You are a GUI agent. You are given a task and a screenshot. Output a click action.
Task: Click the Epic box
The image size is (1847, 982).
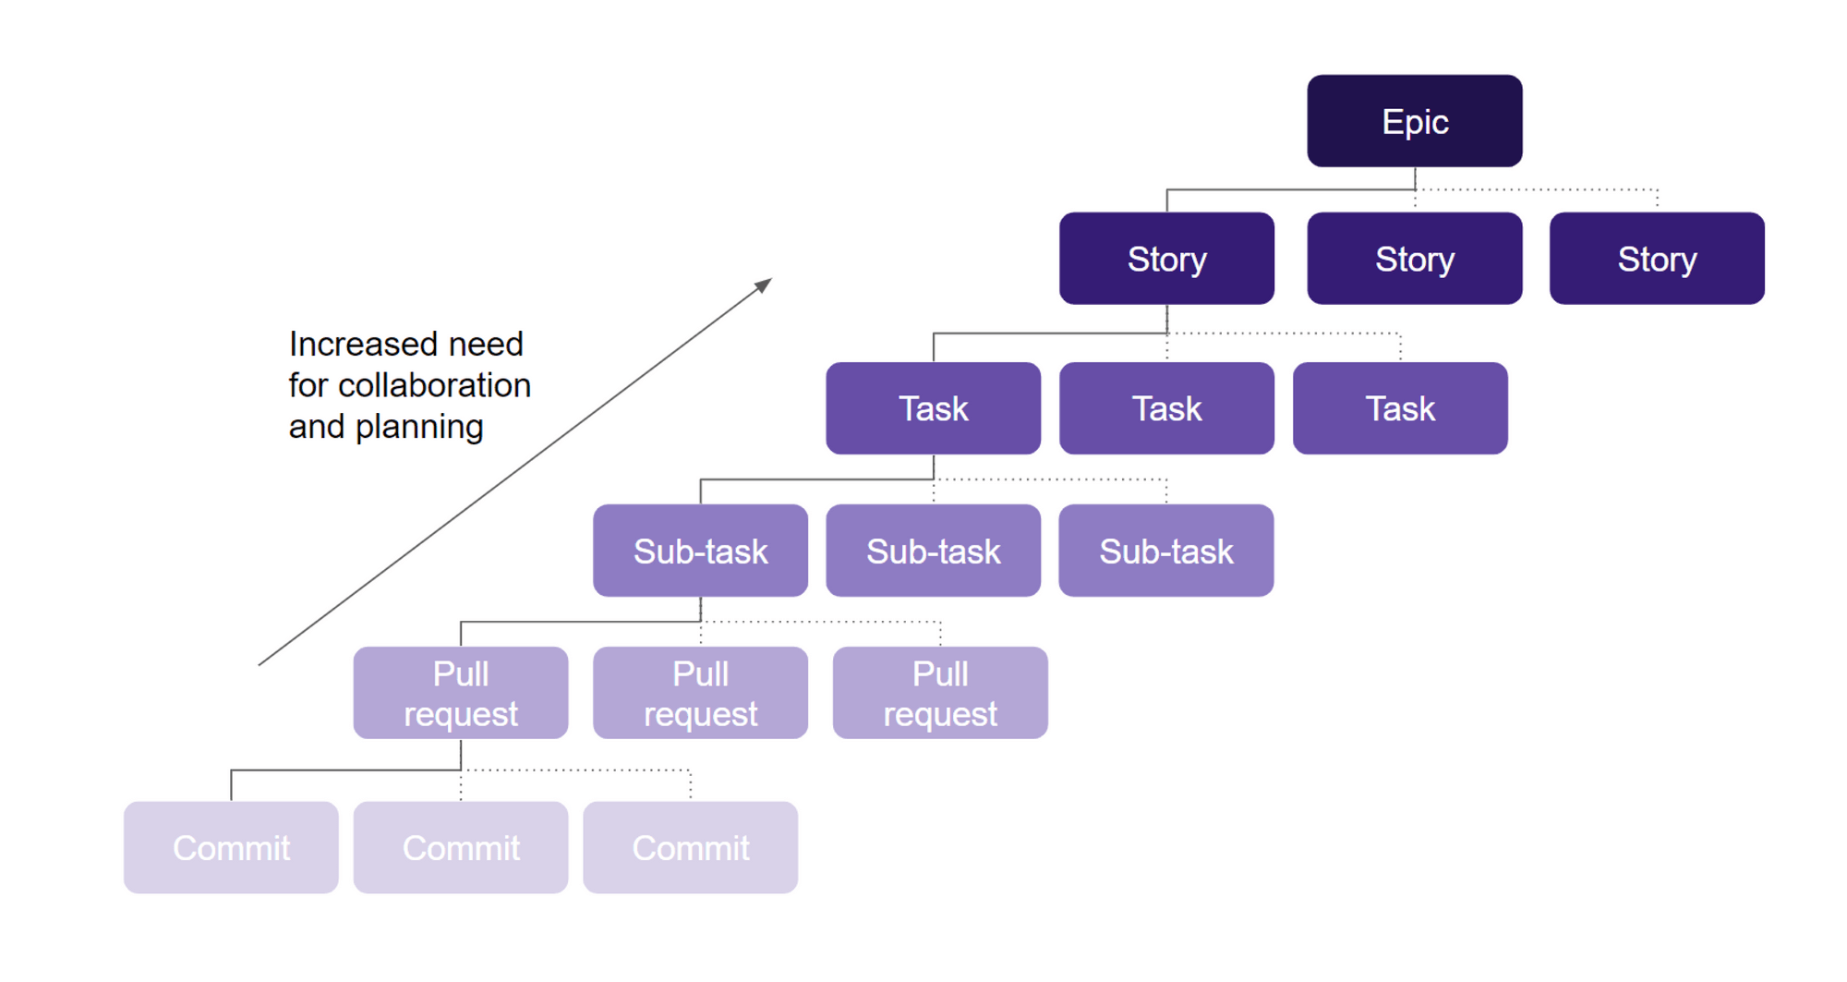coord(1414,121)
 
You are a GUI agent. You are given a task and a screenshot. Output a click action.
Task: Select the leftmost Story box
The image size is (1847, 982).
coord(1166,259)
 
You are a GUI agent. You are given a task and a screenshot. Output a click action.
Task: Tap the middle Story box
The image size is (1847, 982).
coord(1414,259)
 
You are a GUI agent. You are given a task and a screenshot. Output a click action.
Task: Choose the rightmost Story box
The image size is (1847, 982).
coord(1656,259)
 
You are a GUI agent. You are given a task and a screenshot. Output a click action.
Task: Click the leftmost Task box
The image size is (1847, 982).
coord(933,408)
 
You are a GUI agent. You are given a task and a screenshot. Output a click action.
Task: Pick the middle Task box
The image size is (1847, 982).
coord(1166,408)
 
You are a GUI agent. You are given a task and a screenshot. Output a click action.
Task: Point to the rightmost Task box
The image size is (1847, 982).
coord(1400,408)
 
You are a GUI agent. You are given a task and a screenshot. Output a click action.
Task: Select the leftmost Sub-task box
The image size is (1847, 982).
coord(700,551)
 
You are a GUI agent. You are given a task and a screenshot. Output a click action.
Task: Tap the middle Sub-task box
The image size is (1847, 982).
coord(933,551)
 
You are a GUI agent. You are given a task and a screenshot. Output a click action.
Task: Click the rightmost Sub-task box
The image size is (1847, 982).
coord(1165,551)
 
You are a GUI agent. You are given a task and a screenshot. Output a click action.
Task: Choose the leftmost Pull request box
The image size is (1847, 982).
coord(460,693)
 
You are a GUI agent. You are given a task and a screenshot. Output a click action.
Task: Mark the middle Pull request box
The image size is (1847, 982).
coord(700,693)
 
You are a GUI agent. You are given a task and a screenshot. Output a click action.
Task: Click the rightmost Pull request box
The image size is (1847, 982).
coord(939,693)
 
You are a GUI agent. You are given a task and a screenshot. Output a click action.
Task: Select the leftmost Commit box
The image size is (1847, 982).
coord(231,847)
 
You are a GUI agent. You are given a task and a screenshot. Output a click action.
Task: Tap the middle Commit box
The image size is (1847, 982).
coord(460,847)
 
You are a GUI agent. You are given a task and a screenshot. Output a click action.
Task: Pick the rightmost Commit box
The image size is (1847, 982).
coord(690,847)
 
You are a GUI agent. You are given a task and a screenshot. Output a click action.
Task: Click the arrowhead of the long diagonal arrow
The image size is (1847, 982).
coord(764,285)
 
